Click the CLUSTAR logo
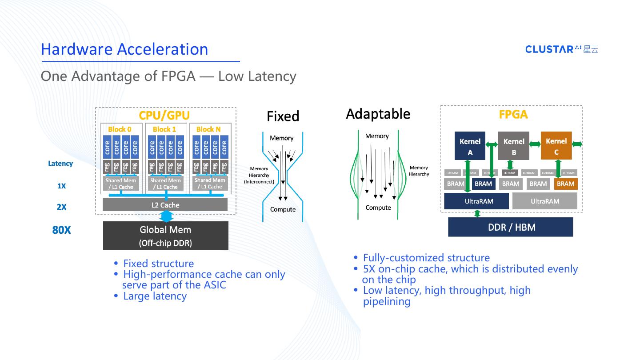coord(561,49)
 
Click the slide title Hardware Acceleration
coord(124,49)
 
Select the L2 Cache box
coord(165,205)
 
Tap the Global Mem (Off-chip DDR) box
coord(165,236)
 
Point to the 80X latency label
coord(61,230)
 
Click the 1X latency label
coord(61,186)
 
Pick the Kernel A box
coord(470,146)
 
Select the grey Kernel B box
coord(514,146)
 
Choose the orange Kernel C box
coord(556,146)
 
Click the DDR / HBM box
coord(511,227)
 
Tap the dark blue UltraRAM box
coord(476,201)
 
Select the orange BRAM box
coord(565,184)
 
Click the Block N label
coord(208,129)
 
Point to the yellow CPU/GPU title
coord(164,116)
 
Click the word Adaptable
coord(378,114)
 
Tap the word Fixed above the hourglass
coord(283,116)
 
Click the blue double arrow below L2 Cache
coord(166,216)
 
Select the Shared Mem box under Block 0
coord(121,184)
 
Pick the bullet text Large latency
coord(155,296)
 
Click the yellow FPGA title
coord(513,115)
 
